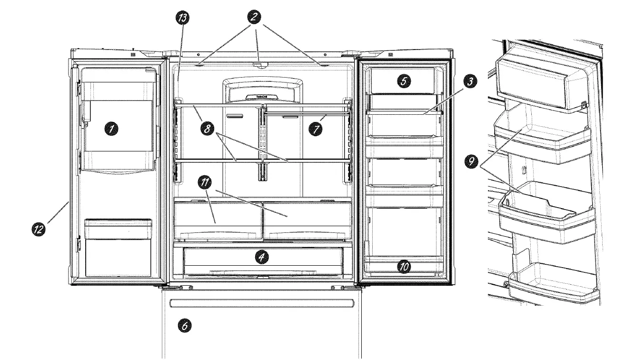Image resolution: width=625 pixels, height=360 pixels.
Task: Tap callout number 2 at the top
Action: pos(254,18)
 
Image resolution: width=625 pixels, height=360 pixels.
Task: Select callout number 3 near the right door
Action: pos(470,82)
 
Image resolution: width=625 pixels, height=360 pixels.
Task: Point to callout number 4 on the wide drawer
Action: pos(261,258)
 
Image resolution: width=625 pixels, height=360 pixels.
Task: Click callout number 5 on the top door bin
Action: pos(403,80)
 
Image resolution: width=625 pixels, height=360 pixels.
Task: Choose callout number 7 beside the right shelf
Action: pos(314,129)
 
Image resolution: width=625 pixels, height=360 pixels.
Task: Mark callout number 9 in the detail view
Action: pos(471,161)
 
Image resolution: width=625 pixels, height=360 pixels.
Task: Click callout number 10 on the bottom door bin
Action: pos(403,266)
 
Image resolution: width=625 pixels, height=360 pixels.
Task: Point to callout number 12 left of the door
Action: pos(39,229)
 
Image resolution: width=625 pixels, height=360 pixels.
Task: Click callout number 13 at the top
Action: pos(181,19)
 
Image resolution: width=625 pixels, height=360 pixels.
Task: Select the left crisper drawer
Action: pos(218,220)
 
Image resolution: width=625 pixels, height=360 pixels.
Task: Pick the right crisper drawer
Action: pos(307,220)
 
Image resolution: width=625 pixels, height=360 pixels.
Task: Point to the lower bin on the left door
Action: pos(118,248)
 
